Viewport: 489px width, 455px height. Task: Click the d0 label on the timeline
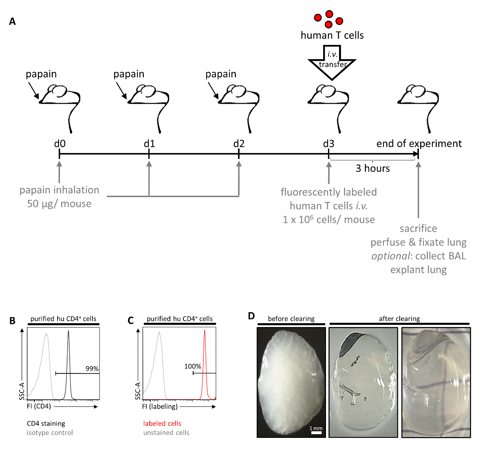point(59,144)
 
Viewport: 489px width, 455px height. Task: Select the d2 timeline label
point(239,144)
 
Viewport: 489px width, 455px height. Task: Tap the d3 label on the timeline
point(328,144)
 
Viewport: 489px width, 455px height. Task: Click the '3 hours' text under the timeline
point(372,168)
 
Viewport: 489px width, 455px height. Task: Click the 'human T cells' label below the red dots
point(332,36)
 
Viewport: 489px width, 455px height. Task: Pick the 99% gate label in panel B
point(92,368)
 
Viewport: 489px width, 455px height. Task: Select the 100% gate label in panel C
point(193,366)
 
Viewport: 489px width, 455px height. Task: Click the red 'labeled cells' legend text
point(162,424)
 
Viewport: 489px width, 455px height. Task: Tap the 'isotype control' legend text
point(50,433)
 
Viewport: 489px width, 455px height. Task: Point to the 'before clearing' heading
point(291,319)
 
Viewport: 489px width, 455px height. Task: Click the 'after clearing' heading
point(399,319)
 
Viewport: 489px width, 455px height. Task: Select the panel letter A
point(13,22)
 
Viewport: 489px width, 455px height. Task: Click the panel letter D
point(251,316)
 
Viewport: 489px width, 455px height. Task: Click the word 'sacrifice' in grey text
point(418,229)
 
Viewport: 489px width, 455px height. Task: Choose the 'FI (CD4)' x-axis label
point(39,406)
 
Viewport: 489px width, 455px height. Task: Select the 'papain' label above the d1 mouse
point(129,74)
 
